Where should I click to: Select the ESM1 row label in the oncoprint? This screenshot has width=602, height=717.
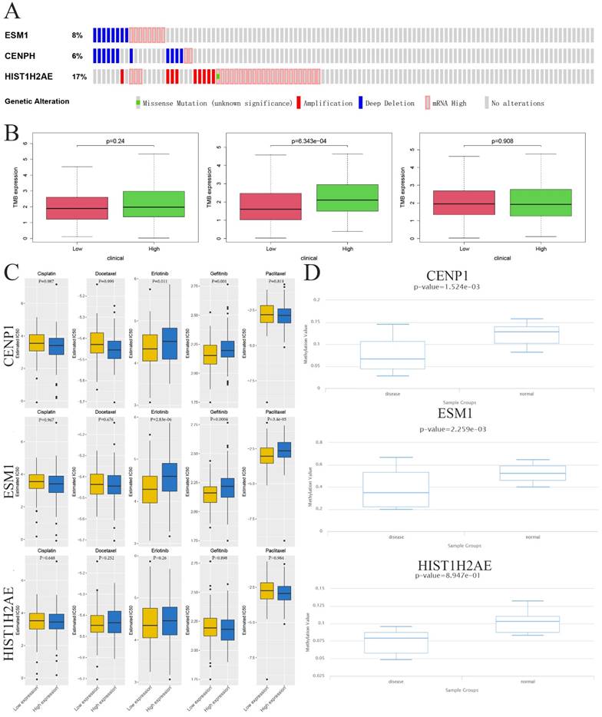pyautogui.click(x=15, y=35)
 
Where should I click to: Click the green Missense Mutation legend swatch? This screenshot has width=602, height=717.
pyautogui.click(x=137, y=103)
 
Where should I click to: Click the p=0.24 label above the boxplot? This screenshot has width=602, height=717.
pyautogui.click(x=115, y=140)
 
